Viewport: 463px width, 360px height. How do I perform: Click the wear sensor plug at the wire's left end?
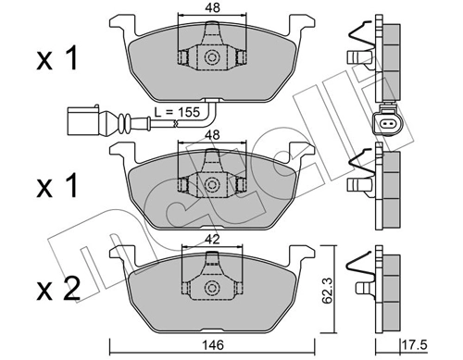point(82,119)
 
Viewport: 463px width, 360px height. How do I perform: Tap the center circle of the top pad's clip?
point(211,56)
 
